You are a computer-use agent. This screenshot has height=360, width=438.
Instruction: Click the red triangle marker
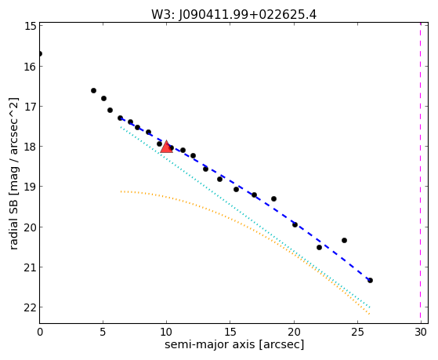point(166,147)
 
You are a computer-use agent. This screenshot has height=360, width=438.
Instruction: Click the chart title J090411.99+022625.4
point(248,15)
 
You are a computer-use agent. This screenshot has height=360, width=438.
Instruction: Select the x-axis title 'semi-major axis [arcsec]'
point(234,344)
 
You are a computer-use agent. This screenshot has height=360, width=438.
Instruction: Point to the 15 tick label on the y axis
point(31,26)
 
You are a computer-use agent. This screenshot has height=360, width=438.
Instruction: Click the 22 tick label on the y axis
point(31,307)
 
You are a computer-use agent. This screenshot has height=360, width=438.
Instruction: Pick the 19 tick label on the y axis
point(31,187)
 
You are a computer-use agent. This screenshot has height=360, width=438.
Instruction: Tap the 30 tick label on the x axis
point(421,332)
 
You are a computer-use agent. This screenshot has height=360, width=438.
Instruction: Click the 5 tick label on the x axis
point(103,332)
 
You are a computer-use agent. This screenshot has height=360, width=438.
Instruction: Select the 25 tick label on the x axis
point(357,332)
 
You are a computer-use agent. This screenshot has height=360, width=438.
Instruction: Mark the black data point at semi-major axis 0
point(40,53)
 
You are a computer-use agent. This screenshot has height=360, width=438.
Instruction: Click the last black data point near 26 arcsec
point(370,280)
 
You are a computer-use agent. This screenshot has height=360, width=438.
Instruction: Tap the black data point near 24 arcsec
point(345,240)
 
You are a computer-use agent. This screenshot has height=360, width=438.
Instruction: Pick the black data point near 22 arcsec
point(319,247)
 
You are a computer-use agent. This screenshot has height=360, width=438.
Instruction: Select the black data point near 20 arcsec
point(295,224)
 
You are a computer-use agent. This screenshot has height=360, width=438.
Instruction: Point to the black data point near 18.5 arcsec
point(273,199)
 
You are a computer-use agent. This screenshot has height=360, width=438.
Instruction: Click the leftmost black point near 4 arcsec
point(93,91)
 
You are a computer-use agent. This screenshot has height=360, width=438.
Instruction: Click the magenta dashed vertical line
point(421,173)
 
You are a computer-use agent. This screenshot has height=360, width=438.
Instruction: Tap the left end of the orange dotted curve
point(121,191)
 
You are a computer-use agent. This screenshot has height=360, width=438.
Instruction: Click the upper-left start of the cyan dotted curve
point(121,127)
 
